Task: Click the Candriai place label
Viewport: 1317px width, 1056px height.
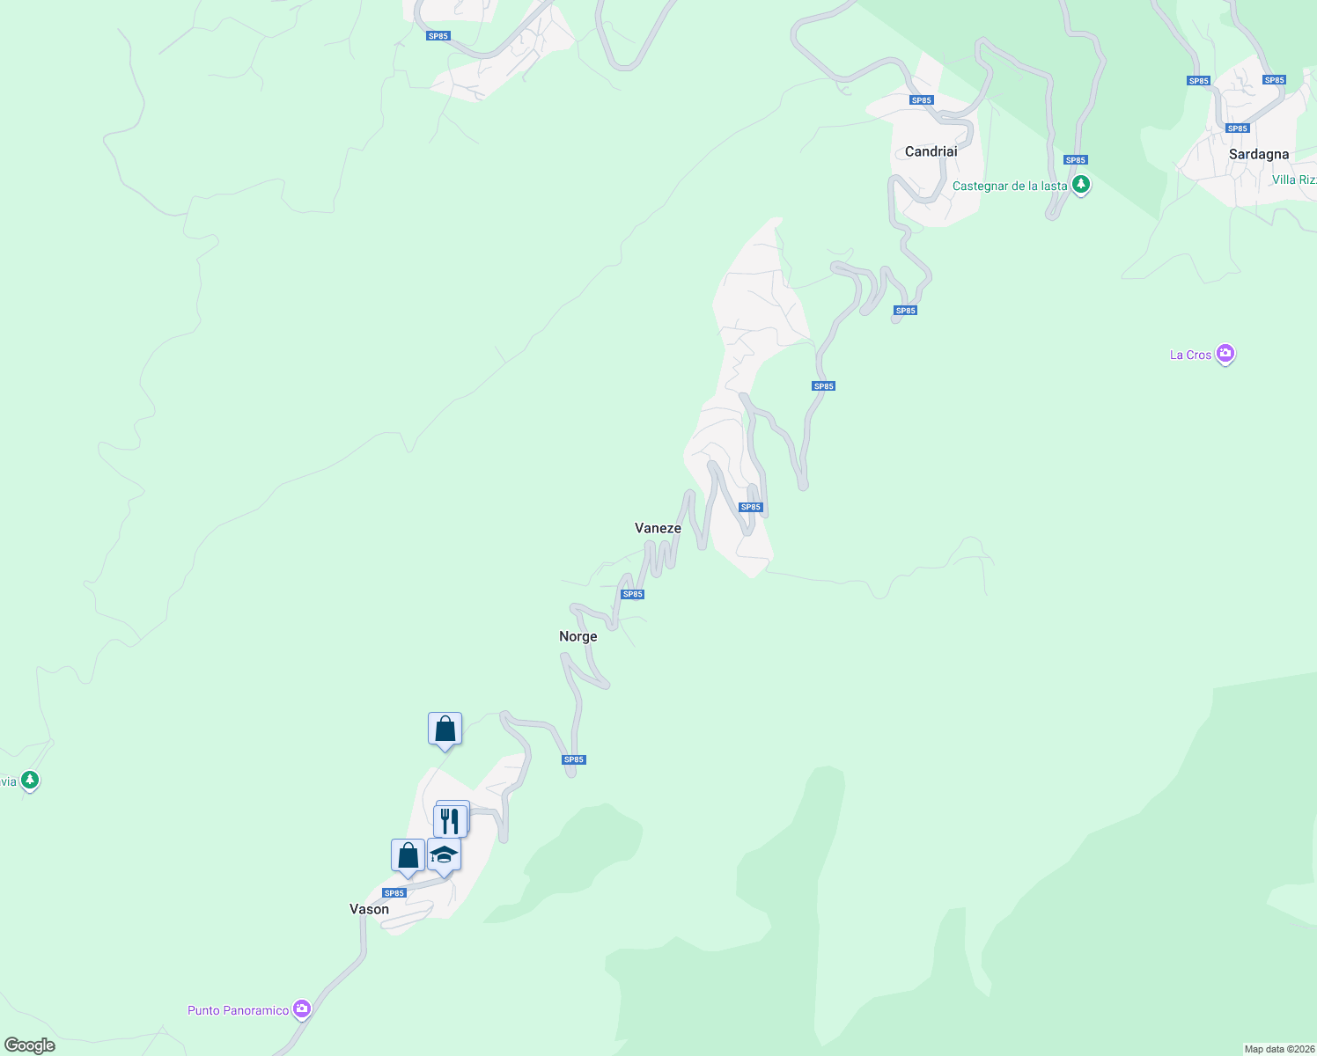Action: (931, 151)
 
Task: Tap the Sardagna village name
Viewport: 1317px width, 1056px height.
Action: (1258, 154)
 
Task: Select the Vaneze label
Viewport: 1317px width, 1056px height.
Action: (658, 528)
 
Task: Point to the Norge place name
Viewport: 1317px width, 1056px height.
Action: (578, 636)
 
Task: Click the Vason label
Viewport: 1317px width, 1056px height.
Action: (369, 909)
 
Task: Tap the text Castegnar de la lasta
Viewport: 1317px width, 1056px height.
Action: (1009, 187)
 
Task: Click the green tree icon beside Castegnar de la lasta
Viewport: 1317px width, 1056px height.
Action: (1080, 186)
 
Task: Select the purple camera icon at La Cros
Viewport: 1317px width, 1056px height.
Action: (1225, 354)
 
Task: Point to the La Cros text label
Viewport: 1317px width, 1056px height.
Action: (1190, 355)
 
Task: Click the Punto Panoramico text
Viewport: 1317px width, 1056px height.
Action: (238, 1010)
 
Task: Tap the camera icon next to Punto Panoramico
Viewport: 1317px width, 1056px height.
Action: (302, 1008)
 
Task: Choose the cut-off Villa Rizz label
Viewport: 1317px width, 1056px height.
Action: (1294, 180)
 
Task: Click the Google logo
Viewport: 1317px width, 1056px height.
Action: (30, 1045)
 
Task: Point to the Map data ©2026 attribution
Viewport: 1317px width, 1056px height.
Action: (1278, 1049)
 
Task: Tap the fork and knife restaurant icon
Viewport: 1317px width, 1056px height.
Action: (450, 820)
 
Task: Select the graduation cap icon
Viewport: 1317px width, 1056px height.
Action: (444, 855)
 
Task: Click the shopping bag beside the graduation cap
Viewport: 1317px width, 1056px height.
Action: (408, 855)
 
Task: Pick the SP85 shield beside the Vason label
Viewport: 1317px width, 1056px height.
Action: (394, 893)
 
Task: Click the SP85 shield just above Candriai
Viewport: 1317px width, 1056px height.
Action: (921, 100)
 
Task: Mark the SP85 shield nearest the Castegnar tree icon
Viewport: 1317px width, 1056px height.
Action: (1075, 160)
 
